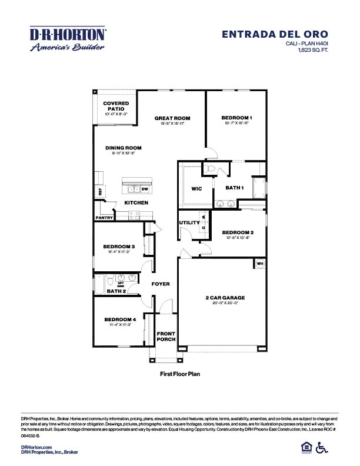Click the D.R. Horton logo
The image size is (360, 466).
(68, 39)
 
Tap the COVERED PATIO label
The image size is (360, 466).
(116, 106)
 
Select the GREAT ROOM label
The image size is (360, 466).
(172, 118)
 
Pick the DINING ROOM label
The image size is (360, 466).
(124, 148)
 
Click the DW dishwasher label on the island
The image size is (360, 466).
(144, 189)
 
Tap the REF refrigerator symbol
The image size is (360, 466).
(100, 191)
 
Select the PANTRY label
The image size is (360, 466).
(104, 218)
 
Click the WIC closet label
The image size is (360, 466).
(196, 189)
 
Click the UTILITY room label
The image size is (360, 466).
(189, 222)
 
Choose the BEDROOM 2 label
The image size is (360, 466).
(238, 232)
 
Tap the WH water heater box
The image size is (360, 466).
(259, 264)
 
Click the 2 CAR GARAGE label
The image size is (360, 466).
(225, 298)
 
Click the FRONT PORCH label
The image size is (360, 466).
(166, 337)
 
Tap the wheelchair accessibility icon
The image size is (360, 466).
(322, 448)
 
